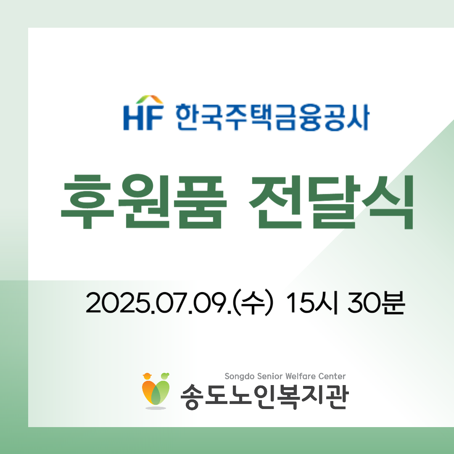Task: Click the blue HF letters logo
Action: pos(143,117)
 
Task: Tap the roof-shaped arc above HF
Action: pos(149,99)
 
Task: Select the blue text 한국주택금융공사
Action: pos(272,117)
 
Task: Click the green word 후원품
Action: pos(144,202)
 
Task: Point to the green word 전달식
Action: pos(331,202)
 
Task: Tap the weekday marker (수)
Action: pos(253,303)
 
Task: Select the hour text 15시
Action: pos(312,303)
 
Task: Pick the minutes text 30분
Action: pos(376,303)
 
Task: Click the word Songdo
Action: pos(240,376)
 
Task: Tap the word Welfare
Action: pos(301,376)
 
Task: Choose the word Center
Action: pos(332,376)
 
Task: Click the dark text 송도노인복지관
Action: pos(265,396)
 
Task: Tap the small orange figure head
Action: pos(148,376)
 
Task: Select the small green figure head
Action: pos(165,376)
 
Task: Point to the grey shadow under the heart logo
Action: pos(156,408)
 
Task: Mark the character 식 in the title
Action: pos(388,202)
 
